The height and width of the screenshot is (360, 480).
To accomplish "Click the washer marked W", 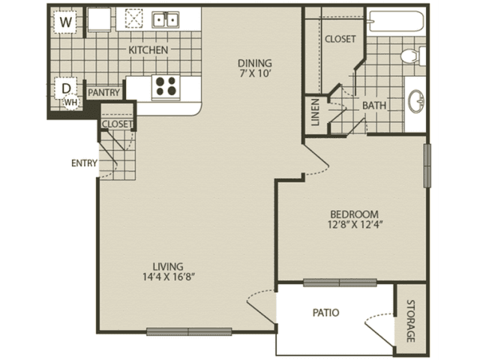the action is (65, 22).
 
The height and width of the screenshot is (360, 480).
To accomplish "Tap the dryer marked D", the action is (66, 88).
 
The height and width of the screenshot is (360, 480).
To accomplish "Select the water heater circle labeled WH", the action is (71, 102).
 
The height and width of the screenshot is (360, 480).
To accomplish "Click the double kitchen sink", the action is (166, 20).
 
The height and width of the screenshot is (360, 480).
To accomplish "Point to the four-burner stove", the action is (166, 88).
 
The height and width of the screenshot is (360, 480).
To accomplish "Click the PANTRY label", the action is (103, 92).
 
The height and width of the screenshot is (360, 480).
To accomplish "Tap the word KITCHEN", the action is (148, 50).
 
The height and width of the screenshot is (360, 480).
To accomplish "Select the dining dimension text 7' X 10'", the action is (254, 73).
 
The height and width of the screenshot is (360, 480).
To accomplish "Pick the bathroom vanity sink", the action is (416, 101).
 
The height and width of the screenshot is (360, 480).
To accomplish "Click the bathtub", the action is (397, 22).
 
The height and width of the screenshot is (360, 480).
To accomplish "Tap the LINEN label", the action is (315, 112).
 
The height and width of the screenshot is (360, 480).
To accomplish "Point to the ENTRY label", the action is (84, 163).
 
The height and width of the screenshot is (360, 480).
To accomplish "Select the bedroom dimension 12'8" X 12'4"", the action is (355, 225).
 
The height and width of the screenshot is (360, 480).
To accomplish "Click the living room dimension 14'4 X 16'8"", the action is (169, 277).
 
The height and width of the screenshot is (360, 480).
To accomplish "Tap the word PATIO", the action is (325, 313).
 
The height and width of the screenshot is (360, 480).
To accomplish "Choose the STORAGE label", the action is (410, 321).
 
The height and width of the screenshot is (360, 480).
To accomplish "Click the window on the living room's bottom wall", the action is (189, 331).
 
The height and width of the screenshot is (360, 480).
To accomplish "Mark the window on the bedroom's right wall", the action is (427, 166).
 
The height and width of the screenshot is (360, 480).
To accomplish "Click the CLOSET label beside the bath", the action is (340, 39).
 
